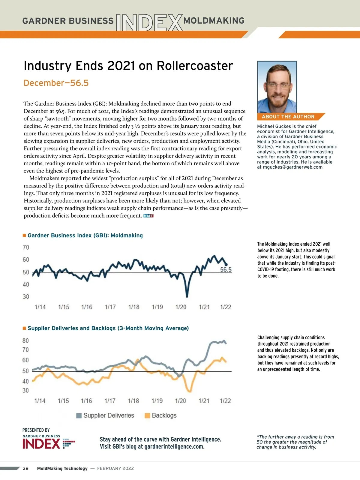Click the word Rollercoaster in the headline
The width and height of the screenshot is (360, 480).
[x=195, y=66]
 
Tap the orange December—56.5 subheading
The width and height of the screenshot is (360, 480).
[x=56, y=83]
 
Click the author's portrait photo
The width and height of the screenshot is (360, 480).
[x=277, y=87]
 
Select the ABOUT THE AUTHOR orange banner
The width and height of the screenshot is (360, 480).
[x=288, y=117]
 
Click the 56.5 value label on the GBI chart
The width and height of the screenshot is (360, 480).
[x=226, y=269]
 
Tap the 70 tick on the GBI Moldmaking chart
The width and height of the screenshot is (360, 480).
[x=26, y=247]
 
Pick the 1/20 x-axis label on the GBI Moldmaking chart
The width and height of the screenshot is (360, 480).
[x=181, y=307]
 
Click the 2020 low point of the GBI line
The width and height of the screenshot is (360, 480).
[x=187, y=296]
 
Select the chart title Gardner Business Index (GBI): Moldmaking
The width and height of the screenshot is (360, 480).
[x=85, y=235]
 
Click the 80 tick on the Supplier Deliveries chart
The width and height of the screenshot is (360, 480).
[x=26, y=341]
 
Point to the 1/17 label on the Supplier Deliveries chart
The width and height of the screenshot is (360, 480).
[x=110, y=401]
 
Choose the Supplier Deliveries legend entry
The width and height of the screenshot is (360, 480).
[x=105, y=415]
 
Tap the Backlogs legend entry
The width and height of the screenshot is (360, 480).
[x=161, y=415]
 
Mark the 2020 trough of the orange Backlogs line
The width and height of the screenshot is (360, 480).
[x=189, y=391]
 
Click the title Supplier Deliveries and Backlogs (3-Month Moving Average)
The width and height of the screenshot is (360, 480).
[x=108, y=328]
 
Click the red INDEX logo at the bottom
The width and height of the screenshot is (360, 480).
[x=41, y=444]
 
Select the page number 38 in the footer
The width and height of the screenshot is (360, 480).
[x=26, y=468]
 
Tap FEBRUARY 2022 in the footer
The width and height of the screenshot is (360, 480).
[x=115, y=468]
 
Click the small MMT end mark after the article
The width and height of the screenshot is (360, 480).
[x=148, y=216]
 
